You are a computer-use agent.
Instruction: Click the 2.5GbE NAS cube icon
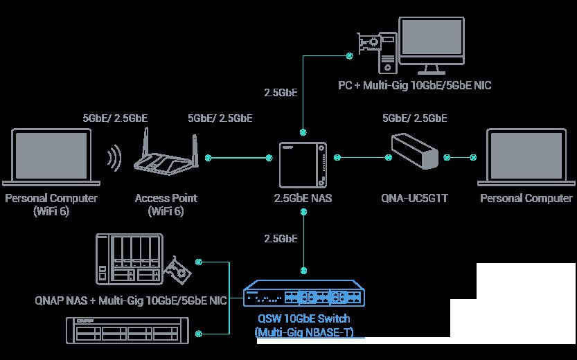click(x=303, y=165)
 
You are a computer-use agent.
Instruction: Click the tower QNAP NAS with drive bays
click(x=130, y=260)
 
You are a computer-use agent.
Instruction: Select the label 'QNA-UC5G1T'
click(x=415, y=199)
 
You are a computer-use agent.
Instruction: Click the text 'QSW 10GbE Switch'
click(x=303, y=319)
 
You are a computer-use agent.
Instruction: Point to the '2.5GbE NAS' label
click(x=303, y=199)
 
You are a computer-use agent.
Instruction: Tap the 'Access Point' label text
click(x=166, y=198)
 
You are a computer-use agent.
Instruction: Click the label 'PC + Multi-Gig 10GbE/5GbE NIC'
click(x=415, y=85)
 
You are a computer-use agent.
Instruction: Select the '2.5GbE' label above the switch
click(x=281, y=239)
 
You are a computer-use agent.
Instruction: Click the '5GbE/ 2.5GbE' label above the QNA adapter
click(x=414, y=118)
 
